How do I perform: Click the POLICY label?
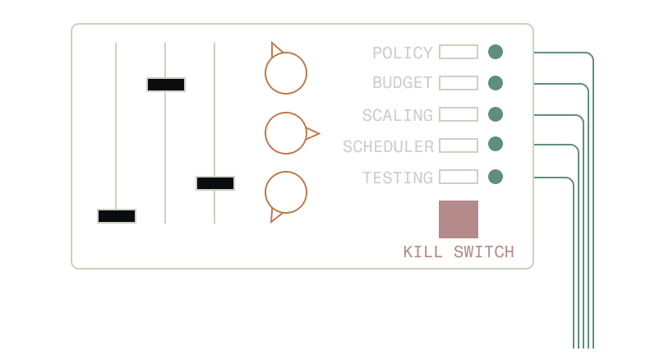pyautogui.click(x=402, y=53)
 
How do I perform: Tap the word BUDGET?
pyautogui.click(x=402, y=83)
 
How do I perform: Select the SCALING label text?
pyautogui.click(x=397, y=115)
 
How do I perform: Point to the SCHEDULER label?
pyautogui.click(x=388, y=146)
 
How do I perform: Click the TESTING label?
pyautogui.click(x=397, y=178)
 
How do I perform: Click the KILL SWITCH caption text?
pyautogui.click(x=459, y=252)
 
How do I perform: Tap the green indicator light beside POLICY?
pyautogui.click(x=496, y=52)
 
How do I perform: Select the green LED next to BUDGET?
pyautogui.click(x=496, y=83)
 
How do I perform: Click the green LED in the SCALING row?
pyautogui.click(x=496, y=113)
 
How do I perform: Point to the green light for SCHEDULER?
pyautogui.click(x=496, y=145)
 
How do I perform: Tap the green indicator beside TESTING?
pyautogui.click(x=496, y=176)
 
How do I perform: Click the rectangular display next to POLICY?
pyautogui.click(x=458, y=52)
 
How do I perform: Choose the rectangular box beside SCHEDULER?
pyautogui.click(x=458, y=145)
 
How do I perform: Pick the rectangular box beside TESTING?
pyautogui.click(x=458, y=177)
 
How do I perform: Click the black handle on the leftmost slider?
pyautogui.click(x=117, y=216)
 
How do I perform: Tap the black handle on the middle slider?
pyautogui.click(x=166, y=84)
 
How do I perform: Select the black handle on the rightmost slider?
pyautogui.click(x=215, y=182)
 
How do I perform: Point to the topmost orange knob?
pyautogui.click(x=286, y=73)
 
